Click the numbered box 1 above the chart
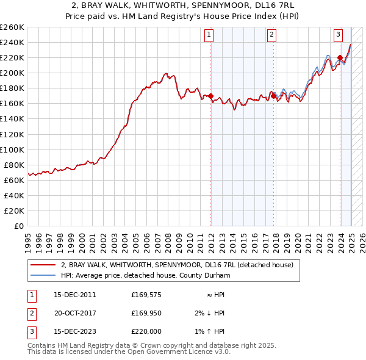(x=209, y=35)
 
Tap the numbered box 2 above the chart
(x=270, y=35)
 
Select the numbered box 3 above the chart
(x=337, y=35)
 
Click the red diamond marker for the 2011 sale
(x=211, y=96)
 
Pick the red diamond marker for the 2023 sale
(x=340, y=57)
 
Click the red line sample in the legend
(x=43, y=265)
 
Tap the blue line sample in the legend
(x=43, y=275)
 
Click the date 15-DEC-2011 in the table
(x=75, y=295)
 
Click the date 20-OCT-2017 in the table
(x=75, y=314)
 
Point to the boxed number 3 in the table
(x=31, y=333)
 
